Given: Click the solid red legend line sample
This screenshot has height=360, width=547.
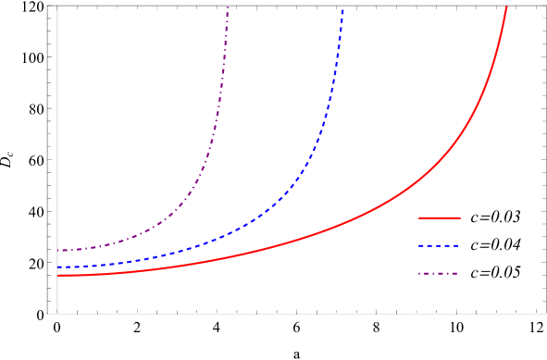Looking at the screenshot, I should pyautogui.click(x=439, y=218).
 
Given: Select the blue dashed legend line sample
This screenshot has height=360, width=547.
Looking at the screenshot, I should pyautogui.click(x=439, y=246).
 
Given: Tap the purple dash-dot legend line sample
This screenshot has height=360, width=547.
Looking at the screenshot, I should pyautogui.click(x=439, y=274).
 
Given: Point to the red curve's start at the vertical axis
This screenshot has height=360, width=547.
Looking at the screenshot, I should pyautogui.click(x=58, y=276).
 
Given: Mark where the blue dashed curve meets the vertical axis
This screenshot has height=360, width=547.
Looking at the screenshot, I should pyautogui.click(x=58, y=267).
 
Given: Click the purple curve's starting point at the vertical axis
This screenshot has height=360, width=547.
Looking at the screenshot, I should pyautogui.click(x=58, y=251).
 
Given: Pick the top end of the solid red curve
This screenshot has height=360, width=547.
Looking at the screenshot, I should pyautogui.click(x=506, y=7).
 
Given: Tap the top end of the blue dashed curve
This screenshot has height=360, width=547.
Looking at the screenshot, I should pyautogui.click(x=342, y=8).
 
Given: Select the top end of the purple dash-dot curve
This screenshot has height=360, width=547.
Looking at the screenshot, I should pyautogui.click(x=228, y=7).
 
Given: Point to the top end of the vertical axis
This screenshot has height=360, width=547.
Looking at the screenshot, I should pyautogui.click(x=57, y=6).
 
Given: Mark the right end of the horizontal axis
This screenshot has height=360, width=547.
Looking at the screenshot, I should pyautogui.click(x=545, y=314).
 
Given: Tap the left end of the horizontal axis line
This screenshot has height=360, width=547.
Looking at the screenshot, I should pyautogui.click(x=49, y=314).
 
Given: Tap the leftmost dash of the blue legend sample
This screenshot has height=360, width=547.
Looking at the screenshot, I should pyautogui.click(x=421, y=246).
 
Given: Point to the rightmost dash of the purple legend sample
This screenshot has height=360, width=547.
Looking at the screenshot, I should pyautogui.click(x=454, y=274).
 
